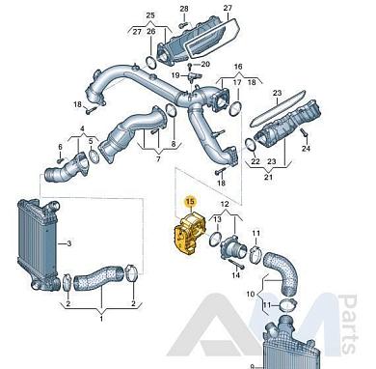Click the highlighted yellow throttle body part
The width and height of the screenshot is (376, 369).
(x=189, y=235)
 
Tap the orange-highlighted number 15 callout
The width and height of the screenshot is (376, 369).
(x=191, y=202)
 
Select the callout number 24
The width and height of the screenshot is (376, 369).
(x=306, y=148)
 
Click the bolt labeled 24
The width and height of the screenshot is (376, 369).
(x=304, y=133)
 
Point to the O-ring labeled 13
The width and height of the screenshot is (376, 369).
(x=215, y=239)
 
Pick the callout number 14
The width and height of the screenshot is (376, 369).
(x=236, y=275)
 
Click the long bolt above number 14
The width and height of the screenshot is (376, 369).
(x=237, y=264)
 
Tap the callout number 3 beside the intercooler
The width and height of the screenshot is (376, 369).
(x=69, y=243)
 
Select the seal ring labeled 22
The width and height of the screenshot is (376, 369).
(x=251, y=145)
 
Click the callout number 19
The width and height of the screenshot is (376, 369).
(x=175, y=75)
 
